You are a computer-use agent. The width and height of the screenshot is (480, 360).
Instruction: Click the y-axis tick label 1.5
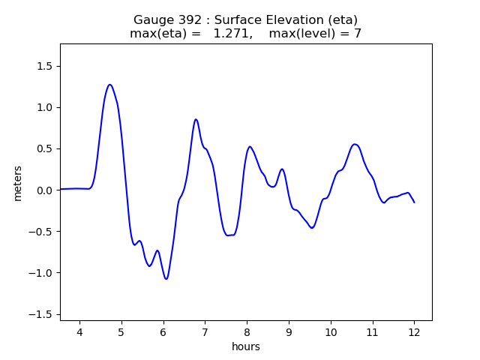click(x=45, y=66)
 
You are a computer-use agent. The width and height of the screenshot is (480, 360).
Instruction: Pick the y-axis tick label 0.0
click(x=45, y=190)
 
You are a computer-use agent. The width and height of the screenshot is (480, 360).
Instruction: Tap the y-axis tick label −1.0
click(x=41, y=273)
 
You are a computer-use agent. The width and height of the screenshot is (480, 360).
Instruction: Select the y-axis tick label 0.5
click(x=45, y=148)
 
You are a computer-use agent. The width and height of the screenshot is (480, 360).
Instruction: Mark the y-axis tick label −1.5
click(x=41, y=314)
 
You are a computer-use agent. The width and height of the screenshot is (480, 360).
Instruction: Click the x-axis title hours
click(x=246, y=346)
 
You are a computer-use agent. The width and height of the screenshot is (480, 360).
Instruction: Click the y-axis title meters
click(x=18, y=183)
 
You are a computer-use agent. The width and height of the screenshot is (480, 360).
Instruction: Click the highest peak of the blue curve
click(x=109, y=85)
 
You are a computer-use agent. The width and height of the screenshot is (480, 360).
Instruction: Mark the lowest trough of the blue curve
click(x=166, y=279)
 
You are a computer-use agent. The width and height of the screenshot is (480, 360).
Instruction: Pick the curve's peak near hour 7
click(x=196, y=119)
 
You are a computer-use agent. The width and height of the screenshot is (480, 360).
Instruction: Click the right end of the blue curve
click(x=414, y=202)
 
